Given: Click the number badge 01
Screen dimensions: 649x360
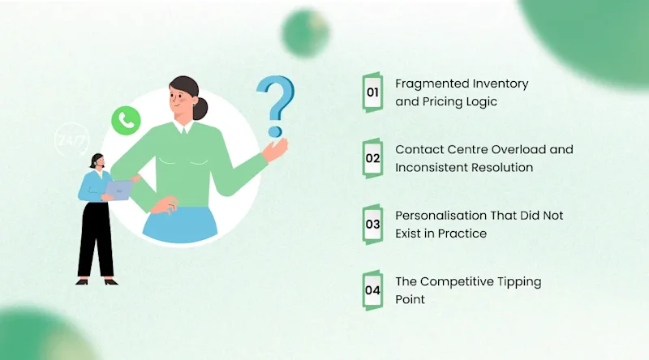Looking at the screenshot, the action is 372,92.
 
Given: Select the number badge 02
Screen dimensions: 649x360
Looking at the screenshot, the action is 372,158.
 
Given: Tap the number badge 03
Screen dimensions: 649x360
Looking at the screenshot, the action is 372,225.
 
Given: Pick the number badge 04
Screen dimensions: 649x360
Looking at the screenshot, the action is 372,290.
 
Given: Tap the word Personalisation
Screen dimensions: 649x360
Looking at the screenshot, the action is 441,216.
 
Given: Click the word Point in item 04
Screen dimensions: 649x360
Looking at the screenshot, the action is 410,299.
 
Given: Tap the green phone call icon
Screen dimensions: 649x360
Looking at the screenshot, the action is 126,121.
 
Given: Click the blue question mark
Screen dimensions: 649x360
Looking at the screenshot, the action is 276,106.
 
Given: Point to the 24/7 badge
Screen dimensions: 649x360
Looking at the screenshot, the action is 71,139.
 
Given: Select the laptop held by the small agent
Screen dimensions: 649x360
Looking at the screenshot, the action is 119,190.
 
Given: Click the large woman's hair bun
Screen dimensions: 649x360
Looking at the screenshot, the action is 201,109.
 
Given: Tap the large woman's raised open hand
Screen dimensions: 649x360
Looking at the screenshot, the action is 276,150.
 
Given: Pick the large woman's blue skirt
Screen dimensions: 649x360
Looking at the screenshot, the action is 180,225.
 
